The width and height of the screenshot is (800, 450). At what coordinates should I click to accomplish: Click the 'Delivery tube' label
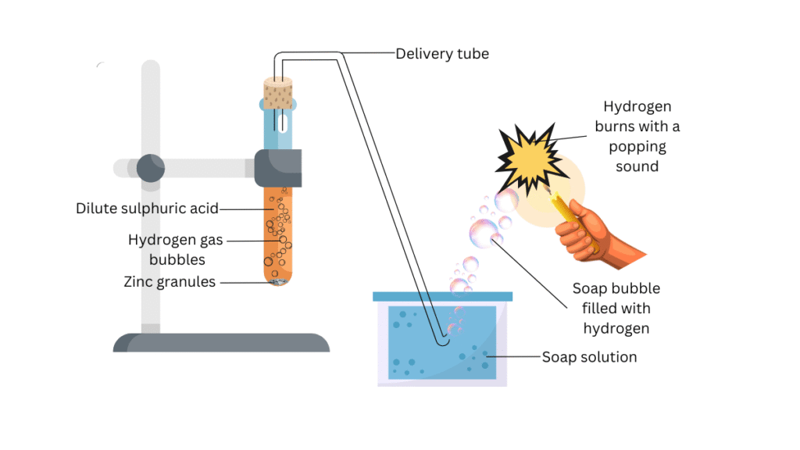(x=442, y=54)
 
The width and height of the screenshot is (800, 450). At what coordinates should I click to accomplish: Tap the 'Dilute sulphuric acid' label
(x=147, y=209)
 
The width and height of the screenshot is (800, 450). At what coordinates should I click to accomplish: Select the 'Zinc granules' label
(x=170, y=282)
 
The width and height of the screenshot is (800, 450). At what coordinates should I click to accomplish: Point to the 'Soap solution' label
(x=589, y=357)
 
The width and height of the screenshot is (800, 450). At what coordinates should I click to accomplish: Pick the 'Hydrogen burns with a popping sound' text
(x=637, y=136)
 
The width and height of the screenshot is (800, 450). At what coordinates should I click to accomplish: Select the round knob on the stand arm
(x=151, y=167)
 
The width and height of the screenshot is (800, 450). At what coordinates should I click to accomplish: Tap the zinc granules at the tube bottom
(x=277, y=280)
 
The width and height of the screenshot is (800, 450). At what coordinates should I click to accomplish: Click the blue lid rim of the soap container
(x=442, y=296)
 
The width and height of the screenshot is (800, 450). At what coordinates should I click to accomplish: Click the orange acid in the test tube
(x=277, y=234)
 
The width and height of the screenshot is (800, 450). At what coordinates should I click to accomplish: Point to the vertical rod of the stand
(x=151, y=234)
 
